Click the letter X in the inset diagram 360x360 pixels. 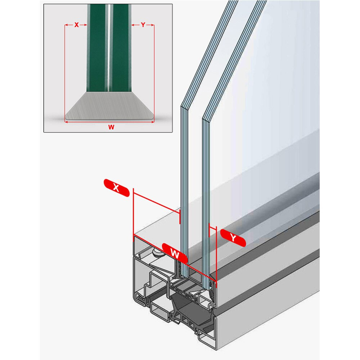click(76, 25)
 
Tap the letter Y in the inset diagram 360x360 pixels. click(143, 25)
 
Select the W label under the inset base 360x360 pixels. click(111, 127)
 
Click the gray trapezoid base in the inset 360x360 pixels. click(109, 106)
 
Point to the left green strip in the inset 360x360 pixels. click(96, 48)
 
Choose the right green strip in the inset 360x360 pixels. click(121, 48)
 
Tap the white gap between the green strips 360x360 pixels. click(108, 48)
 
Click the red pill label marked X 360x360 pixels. click(117, 188)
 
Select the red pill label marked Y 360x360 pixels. click(233, 238)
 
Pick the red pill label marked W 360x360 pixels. click(175, 253)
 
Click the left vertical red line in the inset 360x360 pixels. click(65, 72)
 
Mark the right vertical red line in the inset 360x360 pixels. click(154, 72)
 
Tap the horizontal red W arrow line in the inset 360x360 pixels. click(109, 122)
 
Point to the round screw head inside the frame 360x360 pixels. click(157, 253)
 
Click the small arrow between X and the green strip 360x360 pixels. click(84, 25)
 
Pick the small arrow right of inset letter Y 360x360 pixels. click(150, 25)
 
